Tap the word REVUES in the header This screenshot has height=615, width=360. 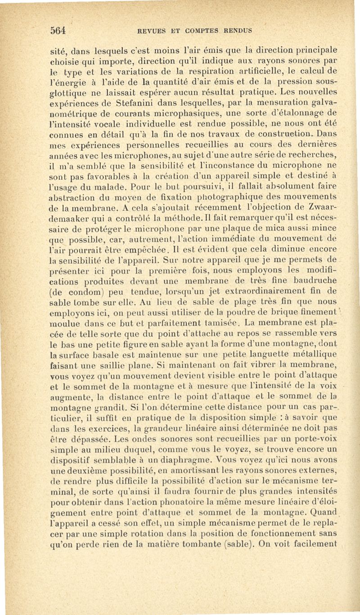coord(150,31)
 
